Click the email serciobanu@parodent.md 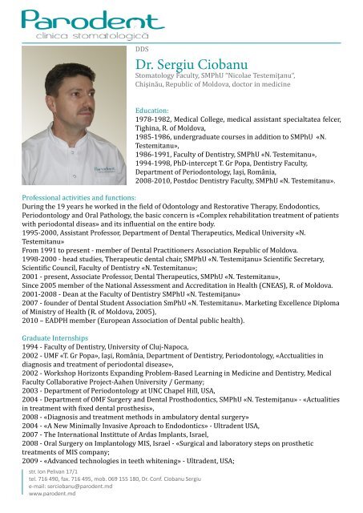[70, 496]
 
